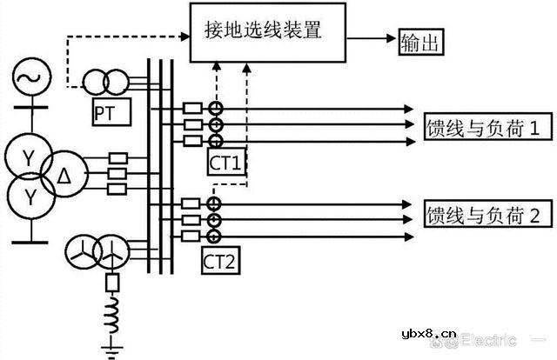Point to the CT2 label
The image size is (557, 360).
[x=222, y=258]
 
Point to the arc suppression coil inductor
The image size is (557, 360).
[x=111, y=314]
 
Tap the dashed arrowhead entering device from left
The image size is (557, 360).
[x=185, y=37]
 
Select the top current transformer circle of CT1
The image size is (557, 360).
[x=213, y=109]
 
